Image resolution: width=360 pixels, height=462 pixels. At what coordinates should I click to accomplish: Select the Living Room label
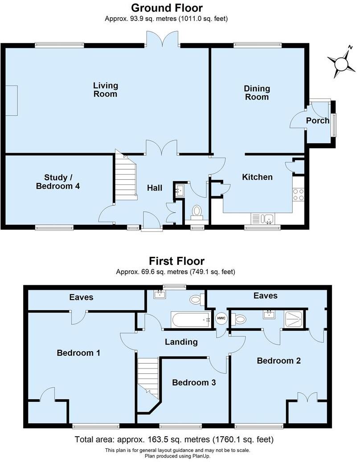click(106, 89)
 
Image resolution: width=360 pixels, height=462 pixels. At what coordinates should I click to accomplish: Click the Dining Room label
click(257, 93)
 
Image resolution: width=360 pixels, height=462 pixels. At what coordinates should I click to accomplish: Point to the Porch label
click(318, 121)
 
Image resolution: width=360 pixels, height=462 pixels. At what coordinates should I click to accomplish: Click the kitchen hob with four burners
click(298, 195)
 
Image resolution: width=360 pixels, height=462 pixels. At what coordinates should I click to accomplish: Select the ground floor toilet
click(196, 211)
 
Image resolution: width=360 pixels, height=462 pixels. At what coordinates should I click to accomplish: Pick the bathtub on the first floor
click(191, 320)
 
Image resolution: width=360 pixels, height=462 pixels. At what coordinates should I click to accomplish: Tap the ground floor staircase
click(125, 175)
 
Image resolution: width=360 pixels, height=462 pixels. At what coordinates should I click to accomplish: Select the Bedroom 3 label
click(191, 382)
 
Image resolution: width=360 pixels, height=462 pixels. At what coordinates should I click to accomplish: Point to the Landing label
click(181, 342)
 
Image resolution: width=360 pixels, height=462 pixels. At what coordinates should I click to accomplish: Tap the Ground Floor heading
click(167, 8)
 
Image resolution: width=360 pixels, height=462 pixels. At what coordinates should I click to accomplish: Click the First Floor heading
click(176, 261)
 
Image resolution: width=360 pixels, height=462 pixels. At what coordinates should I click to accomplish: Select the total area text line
click(174, 440)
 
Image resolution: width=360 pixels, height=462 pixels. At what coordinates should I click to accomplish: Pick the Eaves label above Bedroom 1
click(81, 297)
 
